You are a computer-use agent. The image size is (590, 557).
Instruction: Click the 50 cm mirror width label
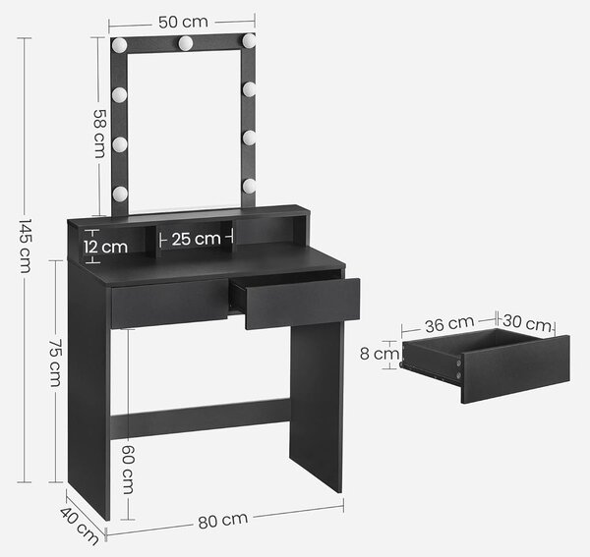(x=183, y=22)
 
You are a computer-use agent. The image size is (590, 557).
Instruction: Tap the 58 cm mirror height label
(x=99, y=134)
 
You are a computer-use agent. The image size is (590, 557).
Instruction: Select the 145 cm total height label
(x=26, y=247)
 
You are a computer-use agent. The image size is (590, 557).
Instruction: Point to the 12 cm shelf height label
(x=106, y=247)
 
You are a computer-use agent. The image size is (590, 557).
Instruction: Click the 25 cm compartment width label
(x=196, y=239)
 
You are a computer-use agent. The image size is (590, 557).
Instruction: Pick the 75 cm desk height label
(x=56, y=363)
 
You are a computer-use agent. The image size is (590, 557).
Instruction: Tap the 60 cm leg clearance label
(x=128, y=470)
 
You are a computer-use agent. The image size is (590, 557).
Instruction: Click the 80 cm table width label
(x=223, y=521)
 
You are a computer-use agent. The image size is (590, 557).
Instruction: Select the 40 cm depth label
(x=80, y=527)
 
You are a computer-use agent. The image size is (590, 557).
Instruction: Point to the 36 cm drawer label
(x=449, y=324)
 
